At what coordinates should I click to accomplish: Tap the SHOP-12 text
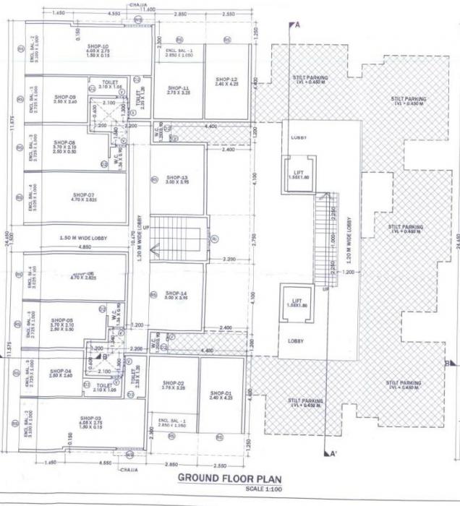pyautogui.click(x=226, y=80)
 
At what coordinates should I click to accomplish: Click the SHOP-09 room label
pyautogui.click(x=64, y=97)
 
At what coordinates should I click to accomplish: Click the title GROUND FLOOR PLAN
pyautogui.click(x=230, y=479)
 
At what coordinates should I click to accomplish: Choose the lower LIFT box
pyautogui.click(x=296, y=304)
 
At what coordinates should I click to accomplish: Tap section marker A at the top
pyautogui.click(x=295, y=25)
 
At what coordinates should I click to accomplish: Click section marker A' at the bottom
pyautogui.click(x=333, y=455)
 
